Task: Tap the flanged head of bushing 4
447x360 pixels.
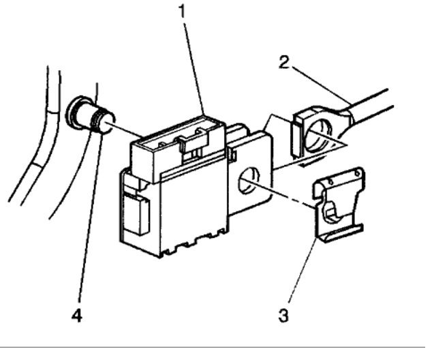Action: coord(76,111)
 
